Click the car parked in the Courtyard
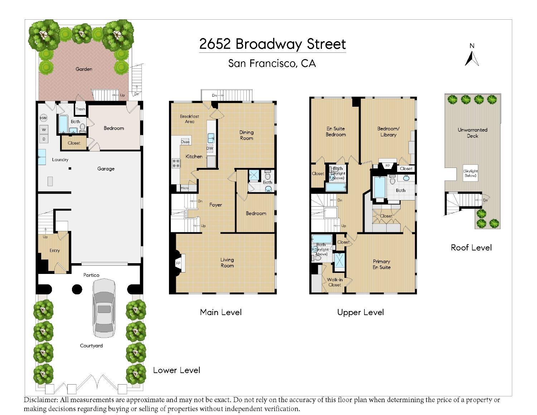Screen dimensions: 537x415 tap(104, 308)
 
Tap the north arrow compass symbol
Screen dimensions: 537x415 tap(471, 58)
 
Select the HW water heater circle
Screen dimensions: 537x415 tap(43, 118)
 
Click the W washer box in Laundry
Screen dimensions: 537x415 tap(44, 129)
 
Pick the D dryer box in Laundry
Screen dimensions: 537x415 tap(44, 139)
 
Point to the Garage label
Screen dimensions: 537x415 tap(106, 169)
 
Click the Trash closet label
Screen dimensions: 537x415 tap(80, 109)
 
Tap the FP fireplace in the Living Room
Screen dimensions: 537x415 tap(178, 263)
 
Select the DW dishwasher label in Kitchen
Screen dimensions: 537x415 tap(209, 148)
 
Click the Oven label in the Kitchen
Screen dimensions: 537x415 tap(185, 142)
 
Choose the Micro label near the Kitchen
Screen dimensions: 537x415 tap(184, 188)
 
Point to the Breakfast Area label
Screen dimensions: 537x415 tap(189, 119)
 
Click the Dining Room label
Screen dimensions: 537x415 tap(246, 135)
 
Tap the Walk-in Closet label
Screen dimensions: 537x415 tap(335, 282)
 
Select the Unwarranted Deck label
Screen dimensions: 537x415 tap(473, 133)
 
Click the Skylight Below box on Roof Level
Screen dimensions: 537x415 tap(470, 173)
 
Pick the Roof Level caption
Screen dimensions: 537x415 tap(471, 247)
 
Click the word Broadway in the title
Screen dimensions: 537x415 tap(269, 44)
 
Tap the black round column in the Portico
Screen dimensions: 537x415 tap(77, 289)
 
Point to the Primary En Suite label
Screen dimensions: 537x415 tap(382, 264)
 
